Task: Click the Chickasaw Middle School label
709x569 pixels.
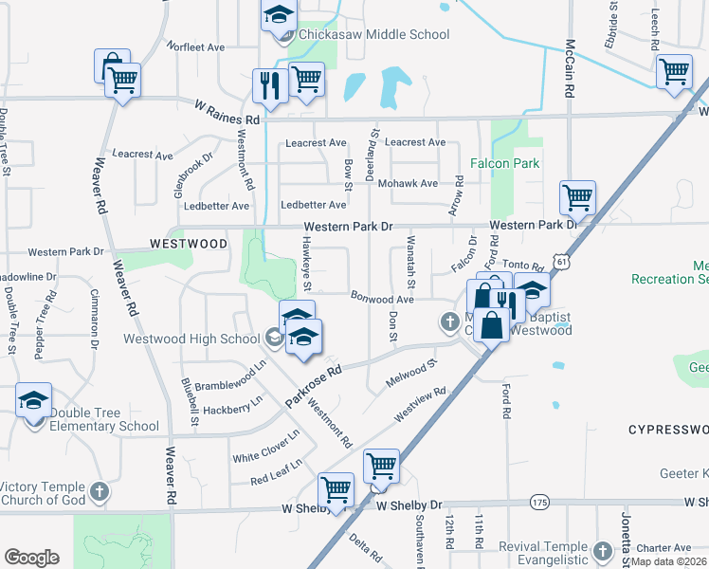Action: [x=373, y=35]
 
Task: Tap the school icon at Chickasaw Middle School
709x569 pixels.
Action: [x=279, y=16]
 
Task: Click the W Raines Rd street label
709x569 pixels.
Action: [x=227, y=113]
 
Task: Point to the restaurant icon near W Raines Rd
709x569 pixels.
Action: [x=269, y=87]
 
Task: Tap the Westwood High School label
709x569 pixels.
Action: [x=191, y=339]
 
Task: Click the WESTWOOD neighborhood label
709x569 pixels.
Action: [x=189, y=244]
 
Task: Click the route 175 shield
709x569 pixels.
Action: [x=538, y=501]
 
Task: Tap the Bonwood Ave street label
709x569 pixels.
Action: [x=383, y=299]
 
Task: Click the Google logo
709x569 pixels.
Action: [x=31, y=558]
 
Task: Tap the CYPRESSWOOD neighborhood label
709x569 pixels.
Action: [x=667, y=430]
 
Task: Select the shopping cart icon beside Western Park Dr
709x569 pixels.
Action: [x=576, y=198]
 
